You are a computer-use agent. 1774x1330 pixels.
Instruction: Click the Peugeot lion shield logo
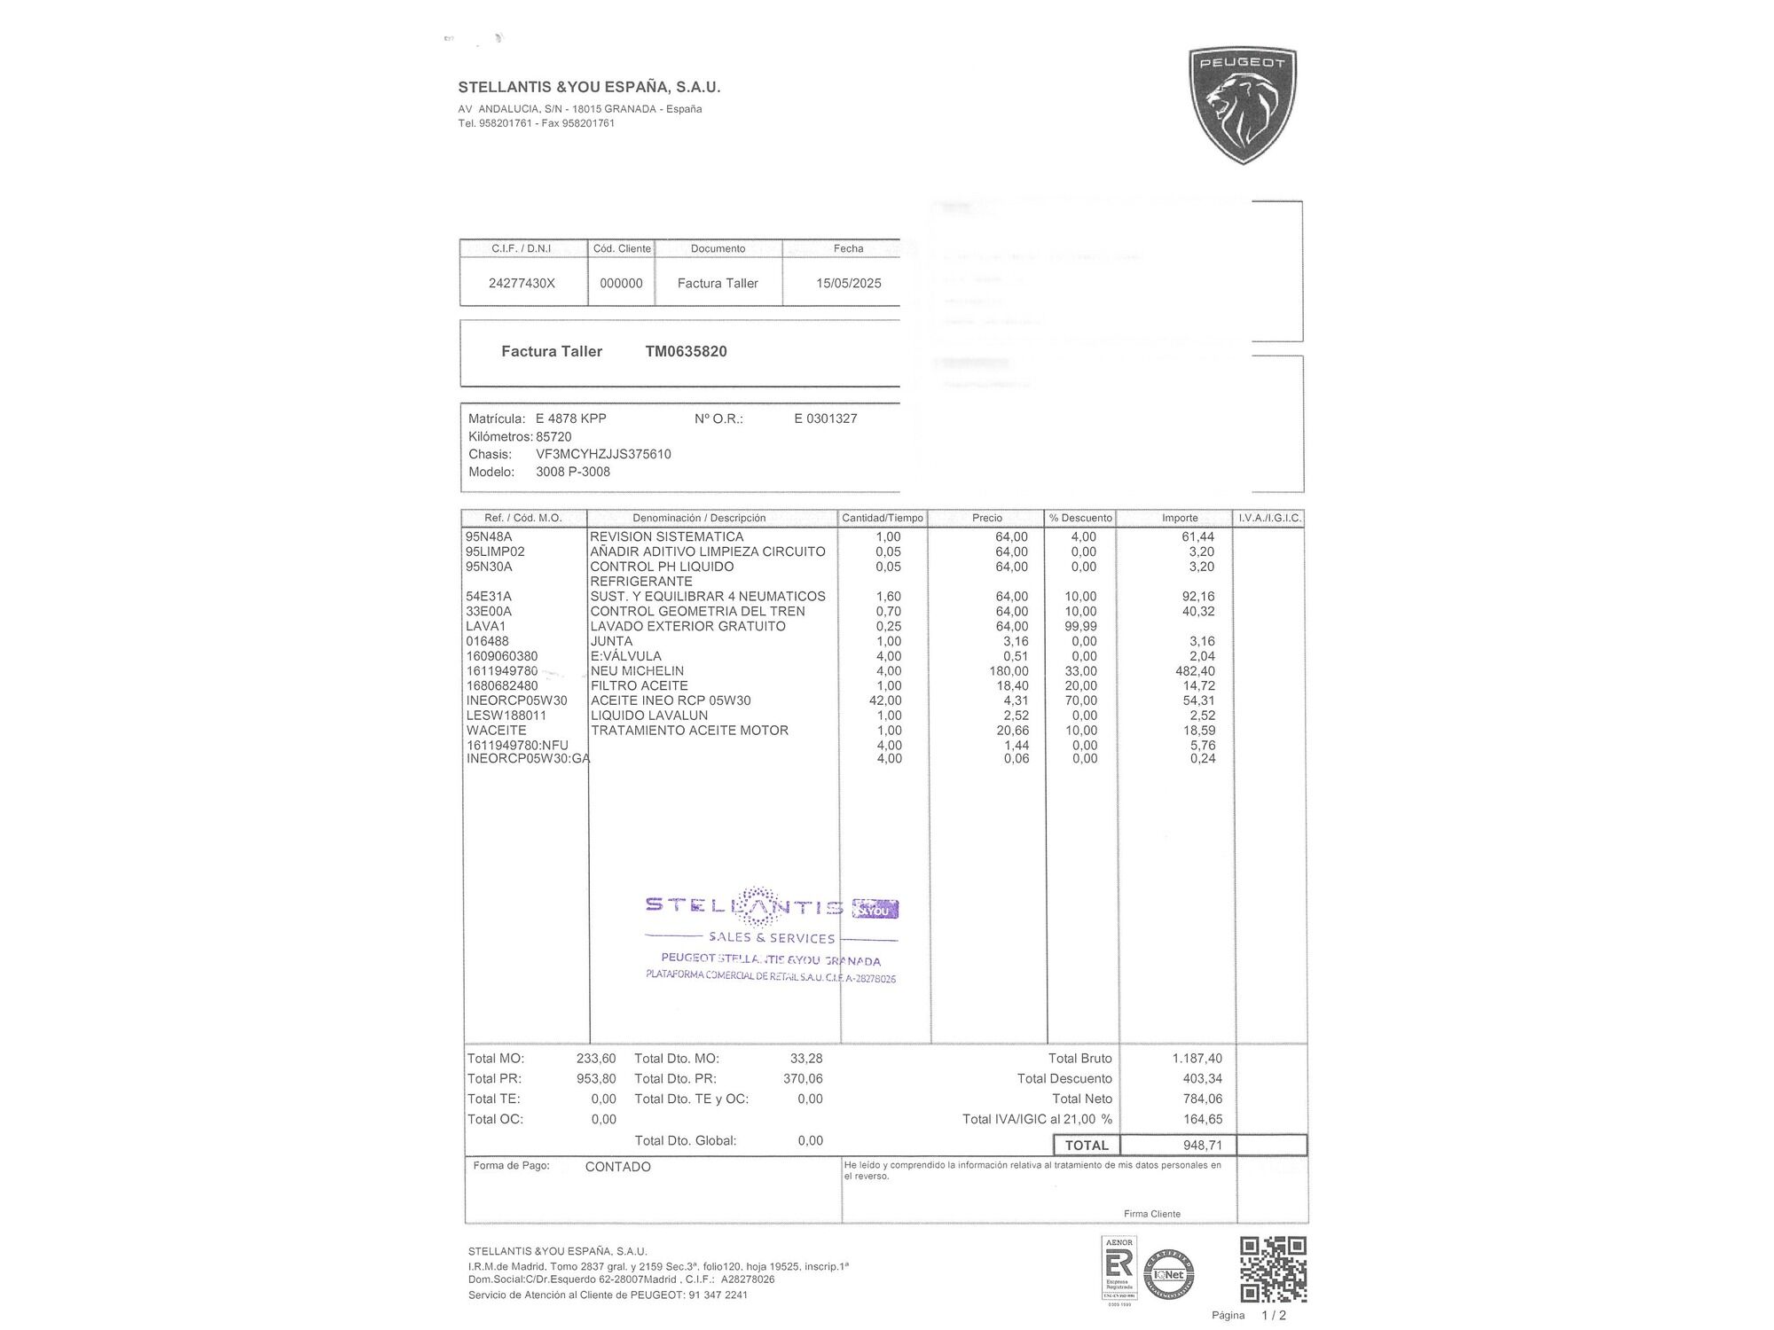1242,105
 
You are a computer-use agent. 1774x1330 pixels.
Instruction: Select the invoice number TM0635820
686,351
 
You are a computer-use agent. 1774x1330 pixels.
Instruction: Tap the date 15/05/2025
848,283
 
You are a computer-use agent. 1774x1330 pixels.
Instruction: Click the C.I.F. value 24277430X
522,283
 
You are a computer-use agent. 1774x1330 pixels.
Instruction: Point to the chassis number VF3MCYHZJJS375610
603,454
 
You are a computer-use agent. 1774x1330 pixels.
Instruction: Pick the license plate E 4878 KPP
570,419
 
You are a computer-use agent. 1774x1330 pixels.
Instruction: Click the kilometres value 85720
553,436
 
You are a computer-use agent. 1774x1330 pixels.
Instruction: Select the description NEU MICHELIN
637,671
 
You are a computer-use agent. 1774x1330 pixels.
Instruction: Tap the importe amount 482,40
1195,671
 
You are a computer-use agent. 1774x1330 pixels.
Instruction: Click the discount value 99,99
1080,626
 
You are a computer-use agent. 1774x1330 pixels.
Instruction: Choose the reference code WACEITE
496,731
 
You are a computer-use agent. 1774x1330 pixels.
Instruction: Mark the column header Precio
986,518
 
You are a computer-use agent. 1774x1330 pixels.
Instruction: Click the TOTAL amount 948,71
1202,1145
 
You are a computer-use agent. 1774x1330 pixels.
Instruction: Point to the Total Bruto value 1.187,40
1197,1058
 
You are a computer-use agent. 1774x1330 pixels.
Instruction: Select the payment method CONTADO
617,1167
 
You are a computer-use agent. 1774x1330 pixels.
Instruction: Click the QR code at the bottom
1273,1270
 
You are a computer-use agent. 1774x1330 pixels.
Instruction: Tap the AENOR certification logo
1119,1270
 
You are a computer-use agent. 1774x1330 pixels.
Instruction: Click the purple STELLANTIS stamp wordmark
745,905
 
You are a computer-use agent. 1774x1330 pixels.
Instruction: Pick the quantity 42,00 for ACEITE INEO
885,700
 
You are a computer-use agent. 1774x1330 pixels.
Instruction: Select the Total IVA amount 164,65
1202,1119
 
